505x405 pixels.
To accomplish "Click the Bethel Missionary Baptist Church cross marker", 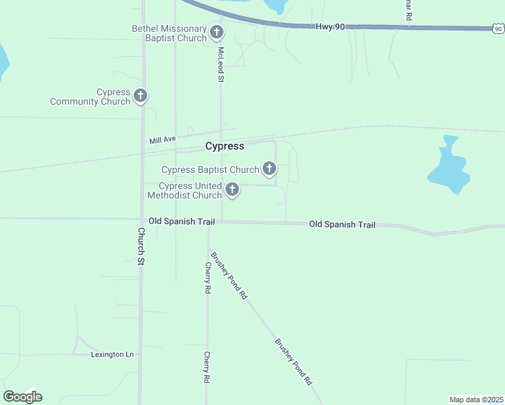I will click(x=217, y=32).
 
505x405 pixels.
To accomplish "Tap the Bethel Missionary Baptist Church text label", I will click(x=169, y=33).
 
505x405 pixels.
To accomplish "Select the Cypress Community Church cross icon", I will click(x=140, y=96).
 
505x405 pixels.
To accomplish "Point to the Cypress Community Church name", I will click(x=90, y=97).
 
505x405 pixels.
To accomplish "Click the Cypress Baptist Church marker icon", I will click(x=269, y=169).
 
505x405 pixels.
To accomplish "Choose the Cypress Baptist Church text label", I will click(x=210, y=169).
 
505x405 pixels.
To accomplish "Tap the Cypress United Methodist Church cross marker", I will click(x=232, y=190).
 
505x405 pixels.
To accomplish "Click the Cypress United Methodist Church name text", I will click(x=184, y=190).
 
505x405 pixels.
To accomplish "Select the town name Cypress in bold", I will click(x=224, y=146).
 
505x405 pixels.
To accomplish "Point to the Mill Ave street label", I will click(x=162, y=140).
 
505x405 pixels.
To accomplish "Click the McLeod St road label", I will click(x=220, y=65).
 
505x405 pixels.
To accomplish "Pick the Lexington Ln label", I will click(x=113, y=354).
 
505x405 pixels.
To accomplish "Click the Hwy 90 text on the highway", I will click(x=330, y=27).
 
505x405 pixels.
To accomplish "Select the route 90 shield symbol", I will click(x=498, y=28).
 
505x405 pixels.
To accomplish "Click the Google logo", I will click(x=22, y=397).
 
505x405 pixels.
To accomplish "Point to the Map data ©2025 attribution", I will click(x=476, y=400).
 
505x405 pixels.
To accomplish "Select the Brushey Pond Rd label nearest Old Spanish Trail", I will click(x=229, y=276).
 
